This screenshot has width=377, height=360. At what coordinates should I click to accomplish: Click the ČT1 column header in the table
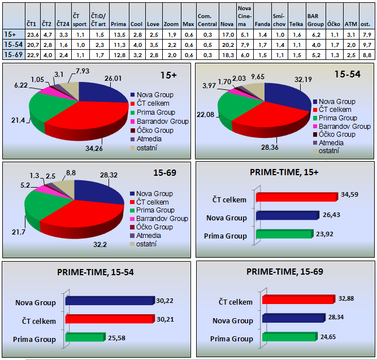click(x=32, y=24)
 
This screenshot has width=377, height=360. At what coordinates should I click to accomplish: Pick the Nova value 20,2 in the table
click(x=227, y=44)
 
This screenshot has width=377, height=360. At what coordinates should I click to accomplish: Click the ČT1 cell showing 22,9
click(x=32, y=54)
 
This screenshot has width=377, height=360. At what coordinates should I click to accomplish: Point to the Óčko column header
click(x=333, y=24)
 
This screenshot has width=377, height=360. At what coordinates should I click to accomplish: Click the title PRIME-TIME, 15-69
click(x=284, y=272)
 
